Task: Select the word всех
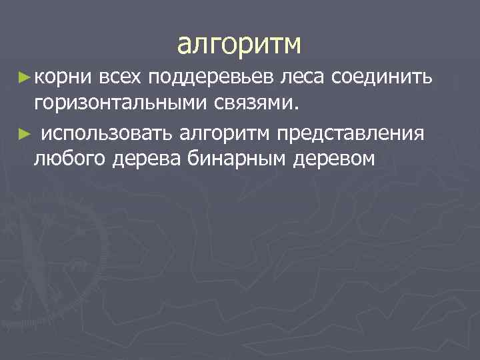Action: pos(121,79)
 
